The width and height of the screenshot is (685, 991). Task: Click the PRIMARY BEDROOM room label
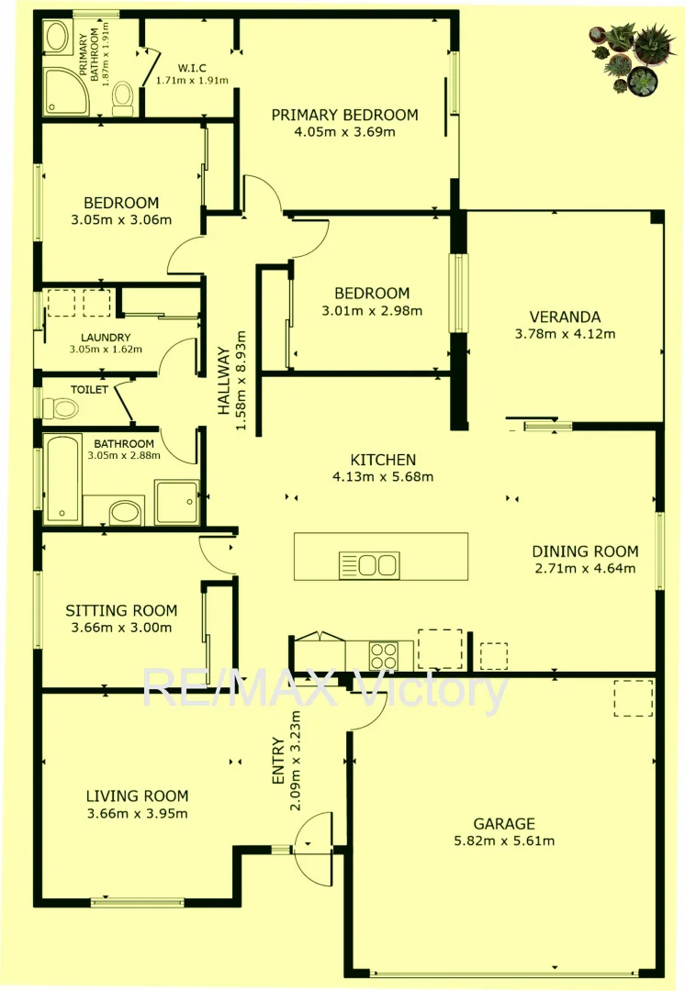(344, 115)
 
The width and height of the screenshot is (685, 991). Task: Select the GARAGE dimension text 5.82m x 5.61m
(504, 841)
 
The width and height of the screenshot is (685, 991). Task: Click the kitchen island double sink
(368, 564)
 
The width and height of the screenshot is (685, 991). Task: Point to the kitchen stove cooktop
(383, 655)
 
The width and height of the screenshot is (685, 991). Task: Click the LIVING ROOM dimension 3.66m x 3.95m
(137, 814)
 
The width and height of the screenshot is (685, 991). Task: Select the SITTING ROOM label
(121, 610)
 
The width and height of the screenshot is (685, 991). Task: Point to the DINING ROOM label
(585, 551)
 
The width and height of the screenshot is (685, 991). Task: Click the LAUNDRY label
(105, 337)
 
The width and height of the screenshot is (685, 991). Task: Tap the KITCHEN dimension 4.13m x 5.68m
(383, 476)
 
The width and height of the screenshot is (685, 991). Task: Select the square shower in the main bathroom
(177, 502)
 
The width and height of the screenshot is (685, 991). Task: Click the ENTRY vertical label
(280, 762)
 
